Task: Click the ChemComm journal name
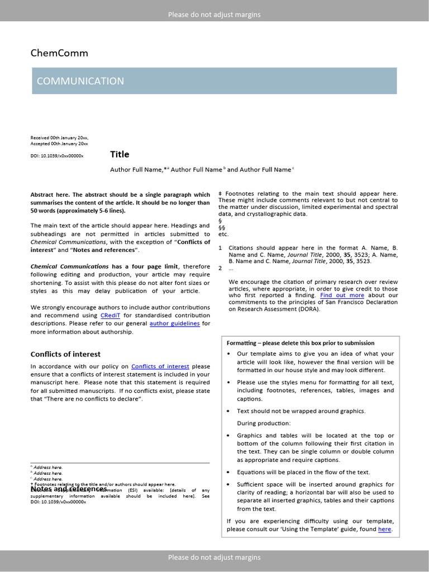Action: [59, 54]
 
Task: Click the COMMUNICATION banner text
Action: [80, 81]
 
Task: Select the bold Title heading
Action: [120, 154]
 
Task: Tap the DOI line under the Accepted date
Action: [57, 156]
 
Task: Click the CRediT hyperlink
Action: [110, 315]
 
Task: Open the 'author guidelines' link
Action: [174, 323]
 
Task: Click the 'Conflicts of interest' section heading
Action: [65, 354]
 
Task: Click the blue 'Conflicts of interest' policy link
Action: [160, 366]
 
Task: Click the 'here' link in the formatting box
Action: [384, 529]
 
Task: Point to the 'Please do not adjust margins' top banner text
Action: [214, 15]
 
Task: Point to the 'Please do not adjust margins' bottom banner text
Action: [214, 557]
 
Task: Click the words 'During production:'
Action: [264, 423]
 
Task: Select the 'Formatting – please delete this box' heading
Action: [301, 343]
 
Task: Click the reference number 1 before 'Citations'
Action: [220, 247]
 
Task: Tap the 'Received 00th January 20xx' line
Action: [59, 137]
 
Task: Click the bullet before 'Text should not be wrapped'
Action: [230, 411]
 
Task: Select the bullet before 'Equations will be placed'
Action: [230, 473]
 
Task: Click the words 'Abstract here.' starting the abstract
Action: [50, 195]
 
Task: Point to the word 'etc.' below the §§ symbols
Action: [223, 234]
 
